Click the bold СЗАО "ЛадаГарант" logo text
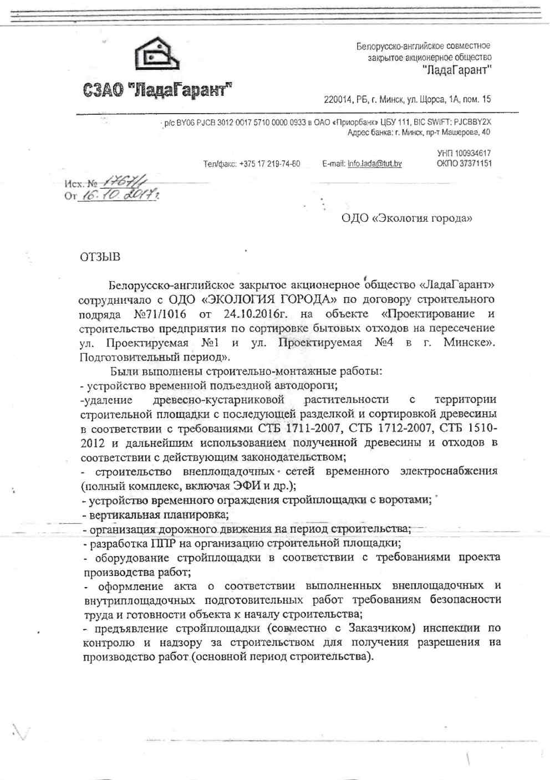coord(157,90)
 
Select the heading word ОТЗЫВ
coord(100,257)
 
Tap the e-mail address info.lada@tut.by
coord(374,164)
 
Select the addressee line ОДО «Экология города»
coord(406,218)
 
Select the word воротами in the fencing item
coord(408,500)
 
